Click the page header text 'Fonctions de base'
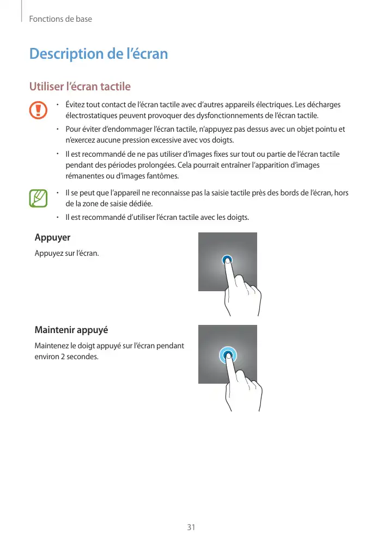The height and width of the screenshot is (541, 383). [x=60, y=19]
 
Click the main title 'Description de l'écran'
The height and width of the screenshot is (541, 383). [x=98, y=54]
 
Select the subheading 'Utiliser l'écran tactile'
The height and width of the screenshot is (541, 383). [x=80, y=87]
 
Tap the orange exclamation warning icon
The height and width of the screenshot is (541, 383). [x=39, y=109]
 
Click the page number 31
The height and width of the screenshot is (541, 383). [x=191, y=527]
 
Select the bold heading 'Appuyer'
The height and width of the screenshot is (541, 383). [x=52, y=238]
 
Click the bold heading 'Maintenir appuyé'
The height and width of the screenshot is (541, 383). [x=71, y=330]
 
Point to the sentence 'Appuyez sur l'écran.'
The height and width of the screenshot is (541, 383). [x=67, y=254]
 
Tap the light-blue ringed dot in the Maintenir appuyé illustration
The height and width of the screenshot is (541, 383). [x=228, y=355]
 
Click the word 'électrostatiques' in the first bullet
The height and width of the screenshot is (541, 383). [x=92, y=116]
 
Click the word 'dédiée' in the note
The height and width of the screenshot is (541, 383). [x=148, y=204]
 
